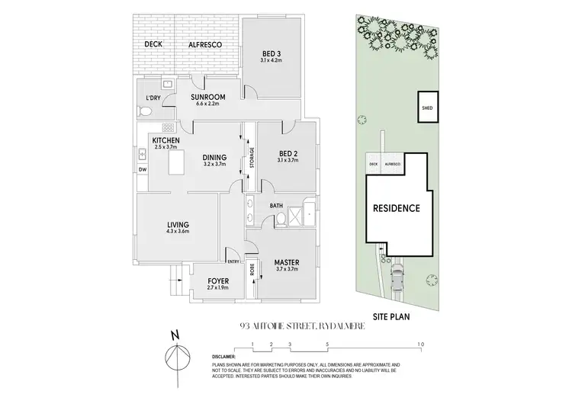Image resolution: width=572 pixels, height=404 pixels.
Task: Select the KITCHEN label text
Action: pos(165,141)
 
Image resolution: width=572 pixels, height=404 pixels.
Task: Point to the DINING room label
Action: pos(214,158)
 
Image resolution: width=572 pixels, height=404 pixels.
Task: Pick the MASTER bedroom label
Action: pos(286,264)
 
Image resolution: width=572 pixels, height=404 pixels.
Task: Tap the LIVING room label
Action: pos(178,225)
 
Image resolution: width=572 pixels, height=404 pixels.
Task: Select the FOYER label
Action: pos(218,280)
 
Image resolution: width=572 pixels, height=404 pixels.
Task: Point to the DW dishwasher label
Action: pos(142,168)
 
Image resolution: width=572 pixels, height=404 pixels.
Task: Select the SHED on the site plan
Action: pos(427,108)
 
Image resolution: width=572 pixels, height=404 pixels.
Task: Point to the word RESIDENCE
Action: pos(396,208)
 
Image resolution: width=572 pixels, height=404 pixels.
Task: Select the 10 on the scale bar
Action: pos(420,345)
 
